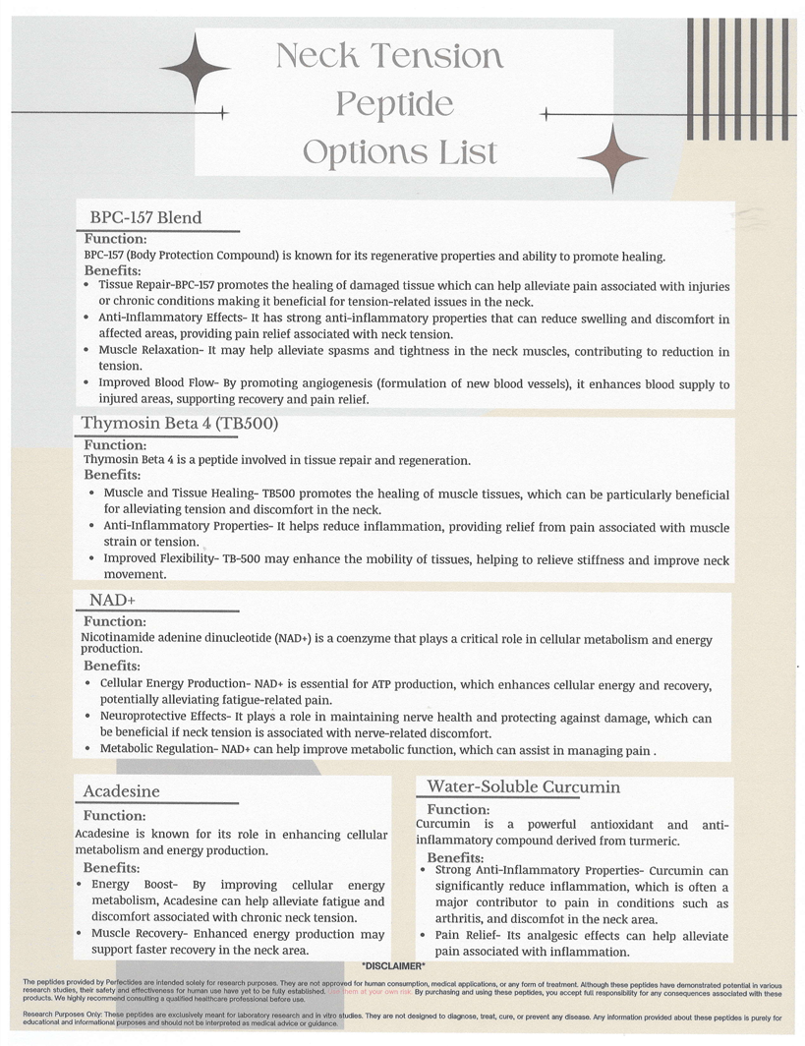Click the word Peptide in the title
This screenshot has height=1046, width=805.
pyautogui.click(x=393, y=104)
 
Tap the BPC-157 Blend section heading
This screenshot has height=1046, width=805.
pyautogui.click(x=144, y=217)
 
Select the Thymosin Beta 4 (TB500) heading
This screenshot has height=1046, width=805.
pyautogui.click(x=180, y=425)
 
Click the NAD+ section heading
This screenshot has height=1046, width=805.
pyautogui.click(x=111, y=601)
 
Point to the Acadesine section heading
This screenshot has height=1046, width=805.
pyautogui.click(x=121, y=791)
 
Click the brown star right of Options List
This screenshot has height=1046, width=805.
pyautogui.click(x=611, y=158)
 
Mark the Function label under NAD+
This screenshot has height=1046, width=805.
pyautogui.click(x=115, y=621)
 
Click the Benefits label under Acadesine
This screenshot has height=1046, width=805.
pyautogui.click(x=111, y=868)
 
